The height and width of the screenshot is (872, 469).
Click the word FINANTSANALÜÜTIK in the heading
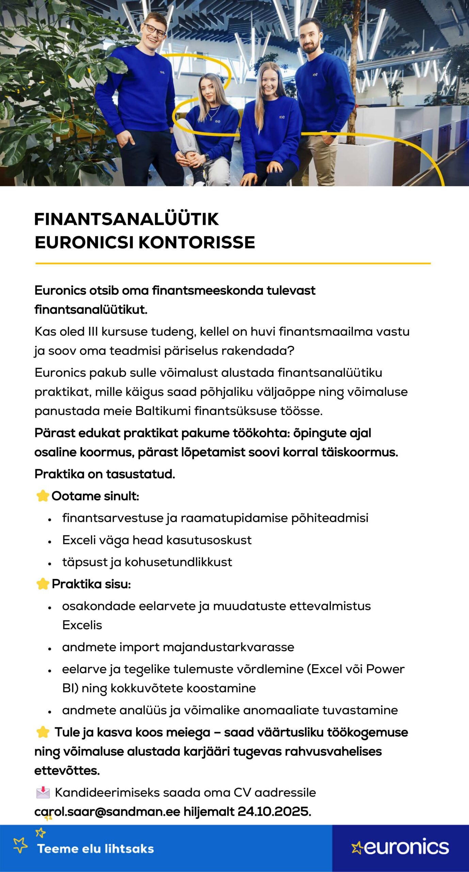[126, 219]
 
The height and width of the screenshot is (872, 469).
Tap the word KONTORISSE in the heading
[197, 243]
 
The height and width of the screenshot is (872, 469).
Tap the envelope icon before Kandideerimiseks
[43, 793]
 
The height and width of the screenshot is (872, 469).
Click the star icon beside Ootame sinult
[43, 496]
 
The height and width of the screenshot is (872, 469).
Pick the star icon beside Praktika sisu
[43, 584]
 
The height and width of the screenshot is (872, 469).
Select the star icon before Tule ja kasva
[43, 732]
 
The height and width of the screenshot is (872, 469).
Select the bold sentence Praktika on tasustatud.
[105, 474]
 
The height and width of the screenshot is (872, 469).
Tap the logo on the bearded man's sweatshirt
[315, 74]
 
